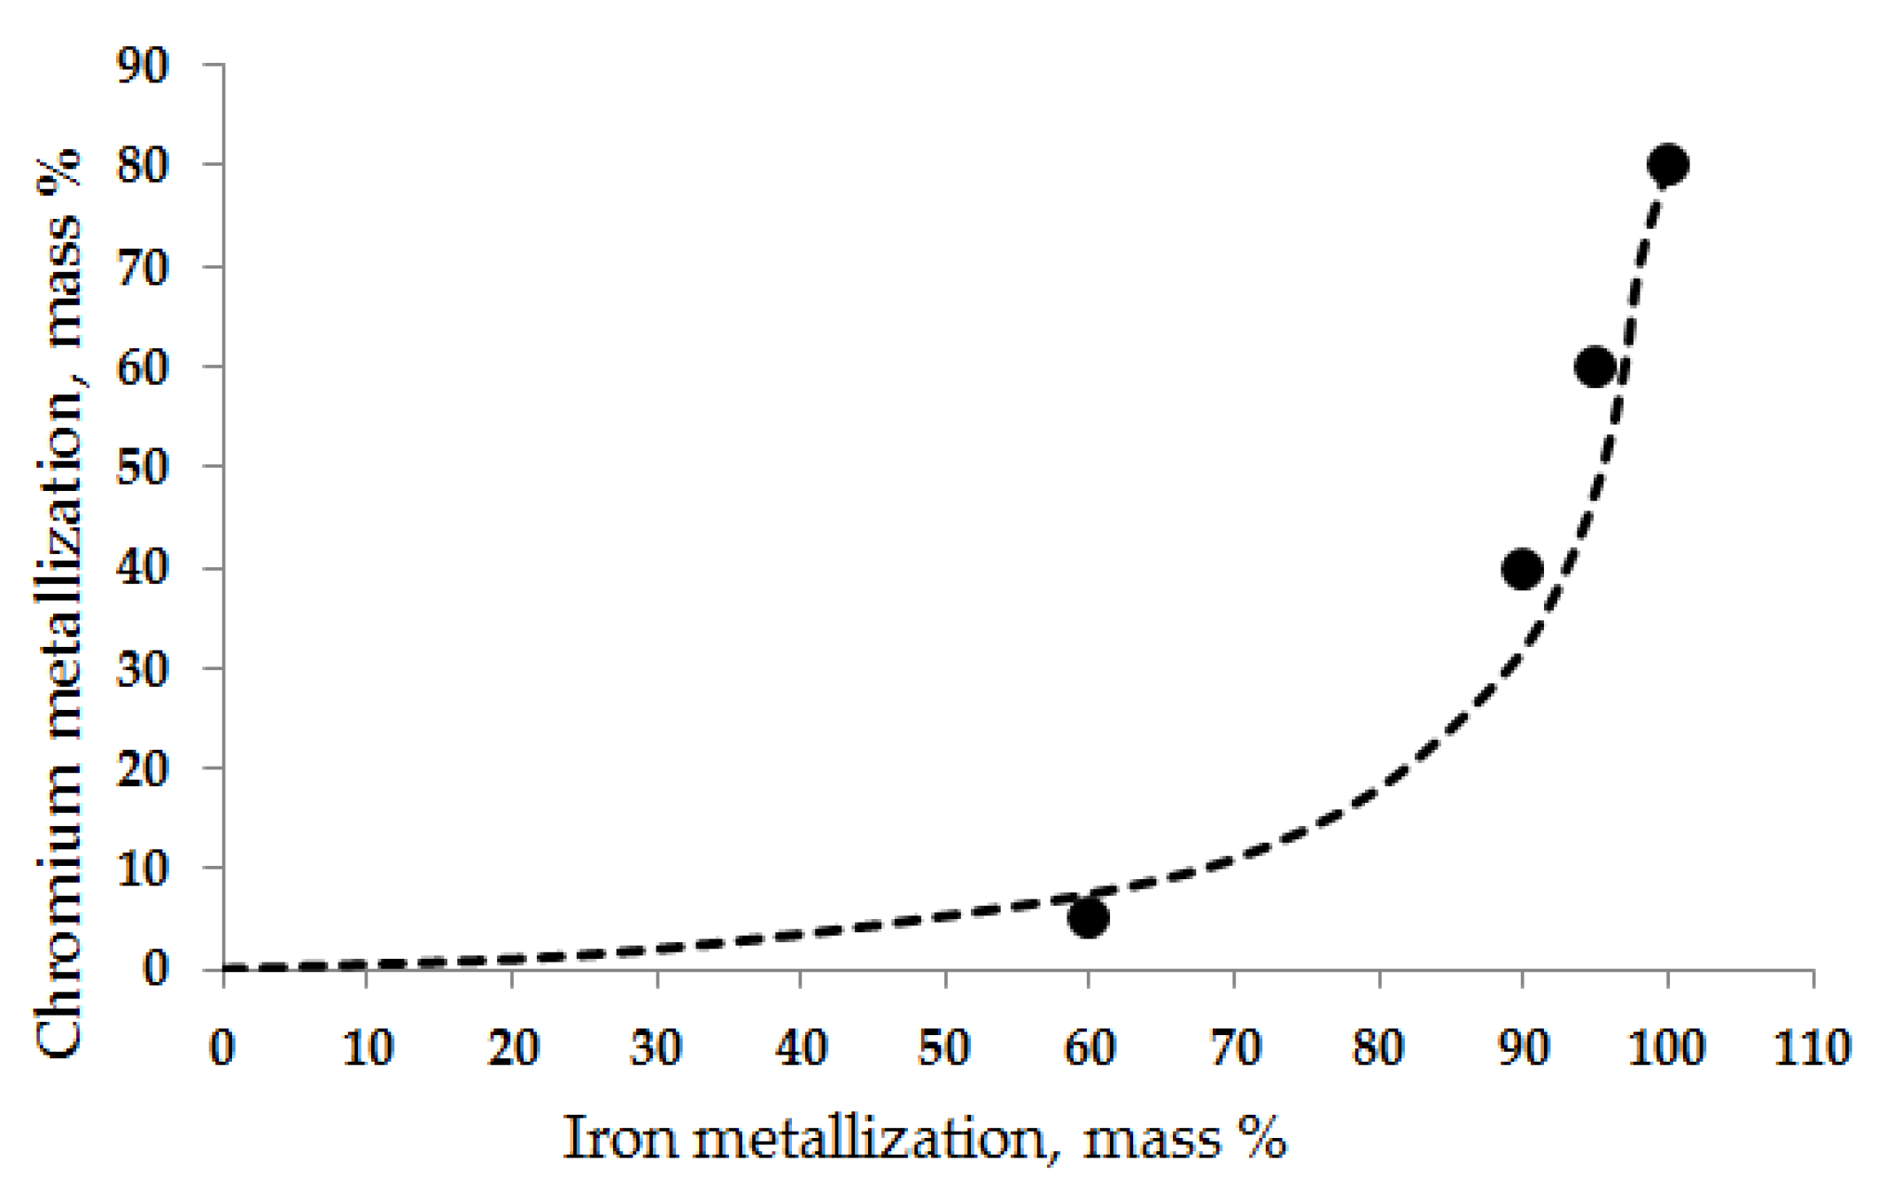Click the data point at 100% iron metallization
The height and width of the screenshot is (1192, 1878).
click(1667, 165)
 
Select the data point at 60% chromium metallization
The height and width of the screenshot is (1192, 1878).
click(1595, 366)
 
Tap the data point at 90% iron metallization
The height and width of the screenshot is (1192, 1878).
click(1522, 568)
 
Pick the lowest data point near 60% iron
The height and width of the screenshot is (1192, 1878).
click(1088, 917)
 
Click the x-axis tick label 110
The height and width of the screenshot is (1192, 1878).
click(1812, 1048)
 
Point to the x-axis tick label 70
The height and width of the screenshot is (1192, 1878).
click(1234, 1048)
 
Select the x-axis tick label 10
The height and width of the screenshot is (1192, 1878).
click(367, 1048)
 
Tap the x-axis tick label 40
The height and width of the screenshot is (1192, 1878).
click(801, 1048)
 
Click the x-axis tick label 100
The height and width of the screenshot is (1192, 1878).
click(1667, 1048)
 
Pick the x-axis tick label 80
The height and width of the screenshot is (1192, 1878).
click(1378, 1048)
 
